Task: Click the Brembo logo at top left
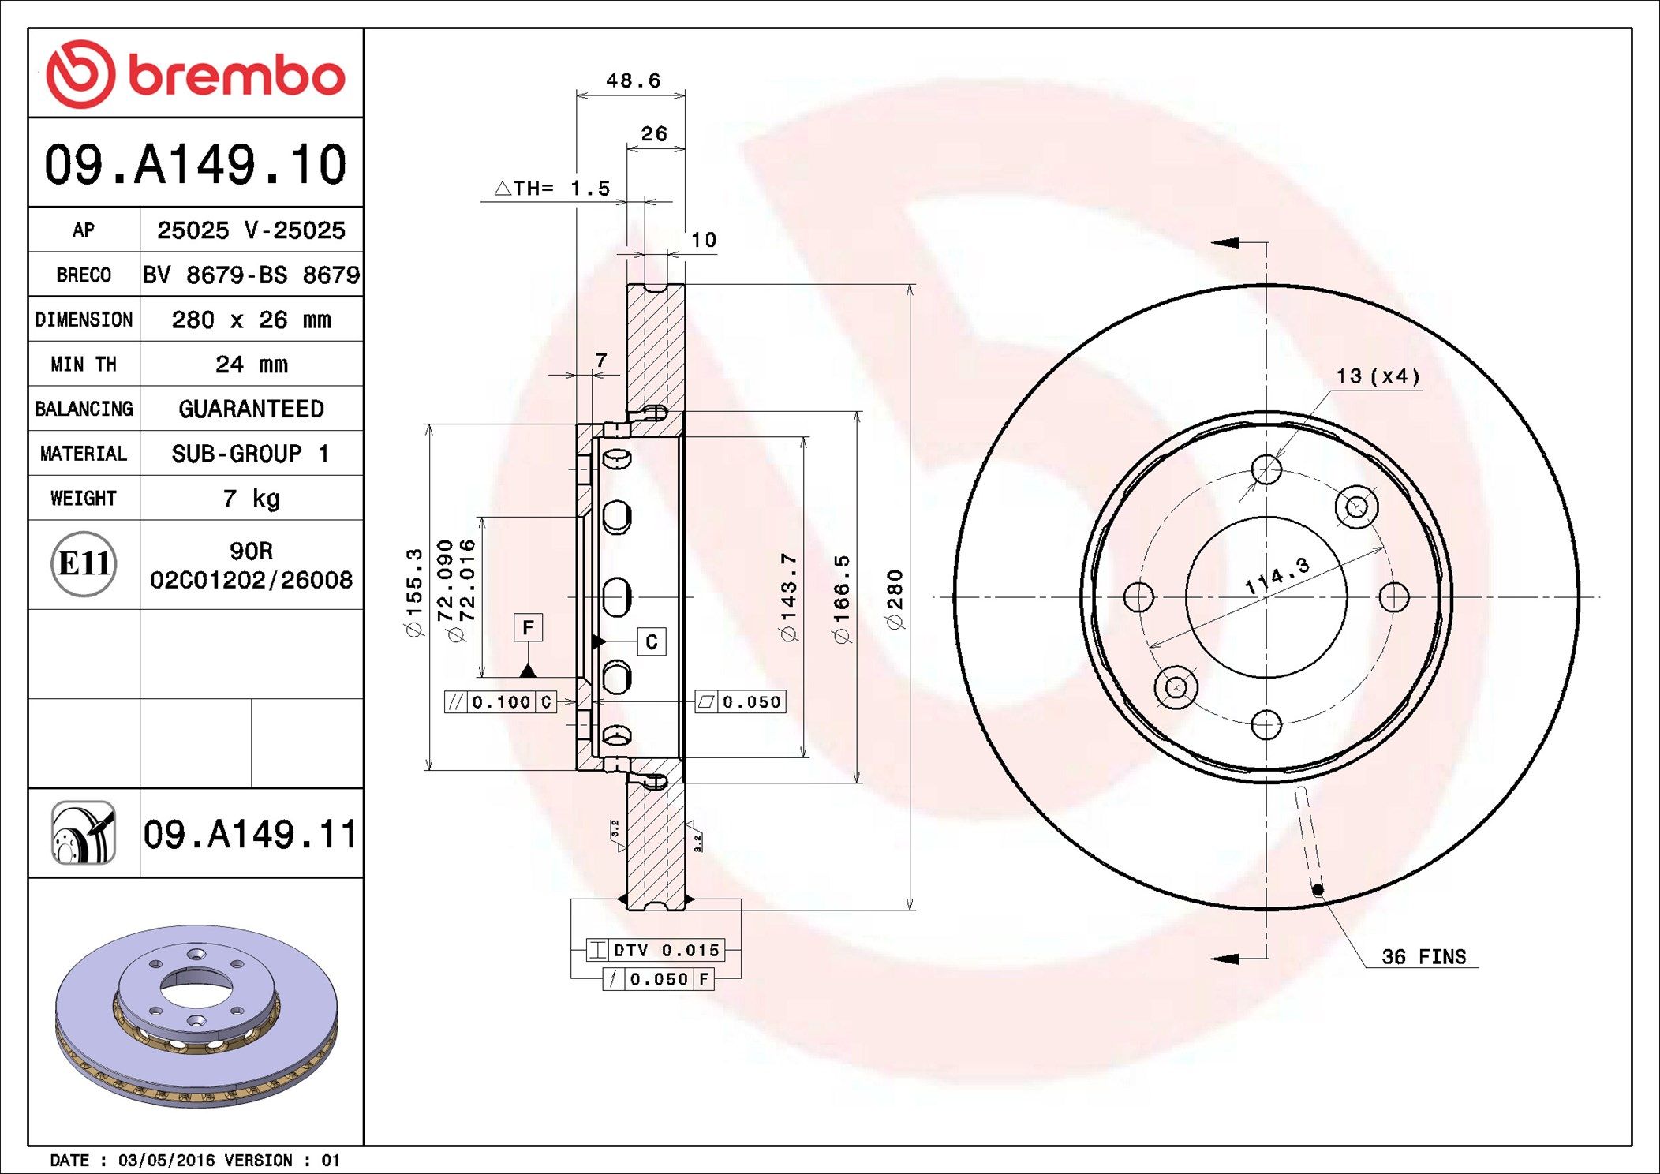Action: pyautogui.click(x=196, y=74)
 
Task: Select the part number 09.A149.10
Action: pyautogui.click(x=196, y=164)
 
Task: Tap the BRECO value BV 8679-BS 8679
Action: pyautogui.click(x=251, y=275)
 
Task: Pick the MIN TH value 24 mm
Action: pyautogui.click(x=251, y=365)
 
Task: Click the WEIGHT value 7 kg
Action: pyautogui.click(x=251, y=499)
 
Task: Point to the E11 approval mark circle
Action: pyautogui.click(x=84, y=563)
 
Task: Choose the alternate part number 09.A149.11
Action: pyautogui.click(x=250, y=834)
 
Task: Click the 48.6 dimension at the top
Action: pyautogui.click(x=633, y=80)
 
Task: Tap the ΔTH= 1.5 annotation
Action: pyautogui.click(x=552, y=188)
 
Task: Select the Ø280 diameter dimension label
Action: pyautogui.click(x=895, y=600)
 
